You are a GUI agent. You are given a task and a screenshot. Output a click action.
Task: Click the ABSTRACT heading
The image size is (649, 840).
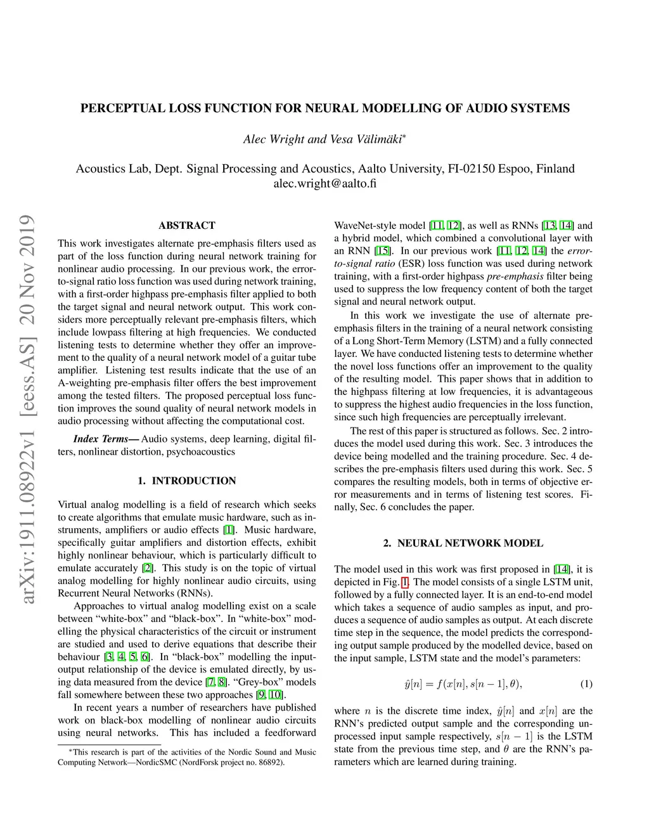tap(186, 225)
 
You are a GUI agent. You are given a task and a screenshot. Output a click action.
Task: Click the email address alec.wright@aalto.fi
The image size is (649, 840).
tap(324, 184)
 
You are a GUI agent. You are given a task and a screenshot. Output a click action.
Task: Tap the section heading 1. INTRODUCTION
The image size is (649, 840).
tap(186, 481)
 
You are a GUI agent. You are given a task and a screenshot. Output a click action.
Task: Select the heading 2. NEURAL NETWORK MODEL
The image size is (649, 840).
tap(463, 543)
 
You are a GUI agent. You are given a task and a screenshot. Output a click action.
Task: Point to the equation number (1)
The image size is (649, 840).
tap(586, 684)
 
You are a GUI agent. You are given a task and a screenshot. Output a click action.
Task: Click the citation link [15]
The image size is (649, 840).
tap(382, 251)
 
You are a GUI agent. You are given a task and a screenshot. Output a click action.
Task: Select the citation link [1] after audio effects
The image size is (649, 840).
tap(228, 530)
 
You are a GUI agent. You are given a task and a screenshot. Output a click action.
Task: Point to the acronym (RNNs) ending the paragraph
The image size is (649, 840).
tap(195, 593)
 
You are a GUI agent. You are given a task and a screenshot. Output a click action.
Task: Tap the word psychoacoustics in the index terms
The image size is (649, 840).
tap(201, 452)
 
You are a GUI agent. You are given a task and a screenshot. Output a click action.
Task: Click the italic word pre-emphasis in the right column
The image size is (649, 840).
tap(515, 276)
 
